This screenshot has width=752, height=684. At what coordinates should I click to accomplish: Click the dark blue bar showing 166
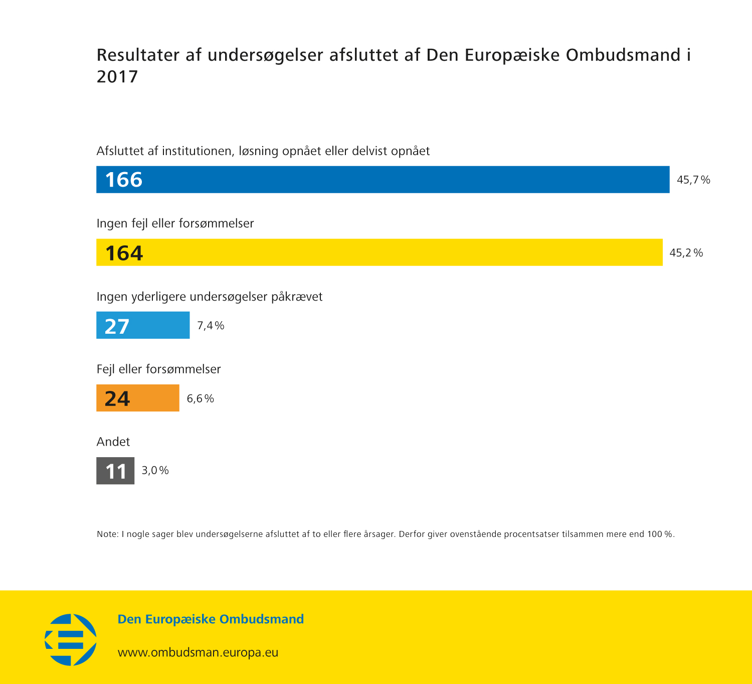[x=383, y=180]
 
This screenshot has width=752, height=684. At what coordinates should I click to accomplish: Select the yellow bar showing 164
[x=379, y=252]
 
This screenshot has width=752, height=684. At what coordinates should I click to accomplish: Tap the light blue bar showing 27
[x=143, y=325]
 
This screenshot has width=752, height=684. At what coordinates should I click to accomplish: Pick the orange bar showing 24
[x=137, y=398]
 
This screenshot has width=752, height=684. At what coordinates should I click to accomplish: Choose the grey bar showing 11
[x=115, y=471]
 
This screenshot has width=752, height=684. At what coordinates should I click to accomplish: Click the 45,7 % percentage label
[x=693, y=180]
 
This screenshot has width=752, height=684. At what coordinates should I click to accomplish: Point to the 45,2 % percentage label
[x=686, y=252]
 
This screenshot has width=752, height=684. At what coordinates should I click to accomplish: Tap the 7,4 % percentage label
[x=211, y=326]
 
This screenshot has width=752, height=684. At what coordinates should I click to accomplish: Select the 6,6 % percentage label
[x=200, y=398]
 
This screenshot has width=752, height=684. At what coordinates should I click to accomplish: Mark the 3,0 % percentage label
[x=155, y=470]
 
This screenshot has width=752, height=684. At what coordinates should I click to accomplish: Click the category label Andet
[x=113, y=442]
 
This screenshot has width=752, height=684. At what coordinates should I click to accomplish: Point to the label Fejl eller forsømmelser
[x=158, y=369]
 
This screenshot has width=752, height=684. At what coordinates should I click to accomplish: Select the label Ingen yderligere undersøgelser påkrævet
[x=210, y=297]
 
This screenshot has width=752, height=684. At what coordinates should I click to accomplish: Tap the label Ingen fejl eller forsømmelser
[x=175, y=223]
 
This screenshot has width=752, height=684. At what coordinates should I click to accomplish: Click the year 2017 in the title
[x=117, y=77]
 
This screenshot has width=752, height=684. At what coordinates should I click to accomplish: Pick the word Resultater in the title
[x=138, y=55]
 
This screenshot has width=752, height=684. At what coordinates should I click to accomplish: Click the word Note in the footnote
[x=107, y=534]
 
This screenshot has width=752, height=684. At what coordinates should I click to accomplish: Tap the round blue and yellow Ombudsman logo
[x=71, y=640]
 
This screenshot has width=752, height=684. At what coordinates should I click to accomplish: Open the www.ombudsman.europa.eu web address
[x=198, y=652]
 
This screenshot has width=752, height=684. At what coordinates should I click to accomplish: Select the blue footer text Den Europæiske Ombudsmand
[x=211, y=619]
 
